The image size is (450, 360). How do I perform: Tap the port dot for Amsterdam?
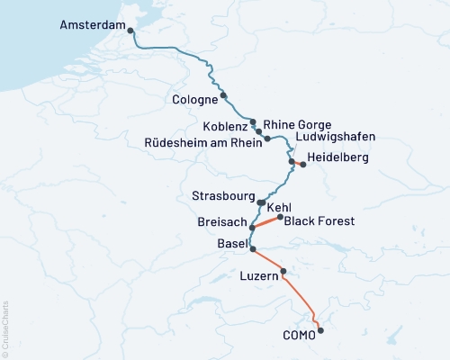(x=131, y=31)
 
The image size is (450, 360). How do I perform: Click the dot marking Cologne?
(x=223, y=95)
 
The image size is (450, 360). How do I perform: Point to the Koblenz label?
(x=225, y=126)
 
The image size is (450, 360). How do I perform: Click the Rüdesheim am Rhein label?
(x=202, y=142)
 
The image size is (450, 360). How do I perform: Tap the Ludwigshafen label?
(x=335, y=137)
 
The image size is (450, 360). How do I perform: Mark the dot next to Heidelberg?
(x=303, y=165)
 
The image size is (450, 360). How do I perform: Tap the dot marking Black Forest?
(x=281, y=217)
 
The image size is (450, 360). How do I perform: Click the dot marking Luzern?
(x=283, y=271)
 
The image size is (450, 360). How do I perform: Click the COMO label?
(x=298, y=335)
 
